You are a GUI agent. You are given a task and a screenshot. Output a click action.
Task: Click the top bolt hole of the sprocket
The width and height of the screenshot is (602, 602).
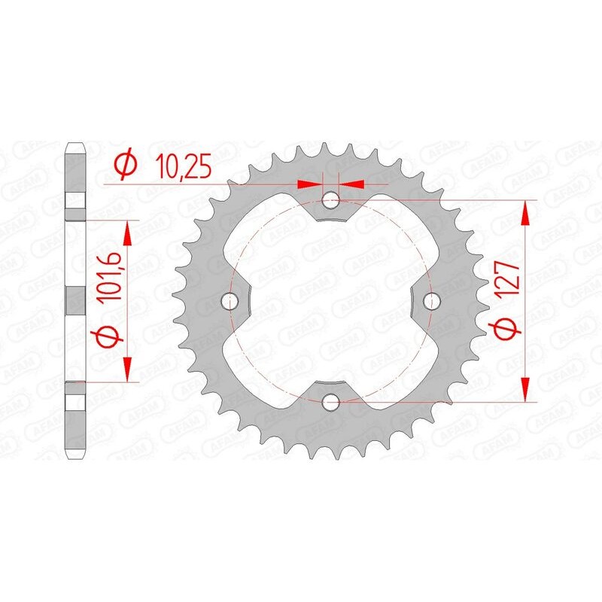pos(331,199)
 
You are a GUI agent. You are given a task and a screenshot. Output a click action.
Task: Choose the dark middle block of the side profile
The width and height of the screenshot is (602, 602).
pos(76,300)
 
